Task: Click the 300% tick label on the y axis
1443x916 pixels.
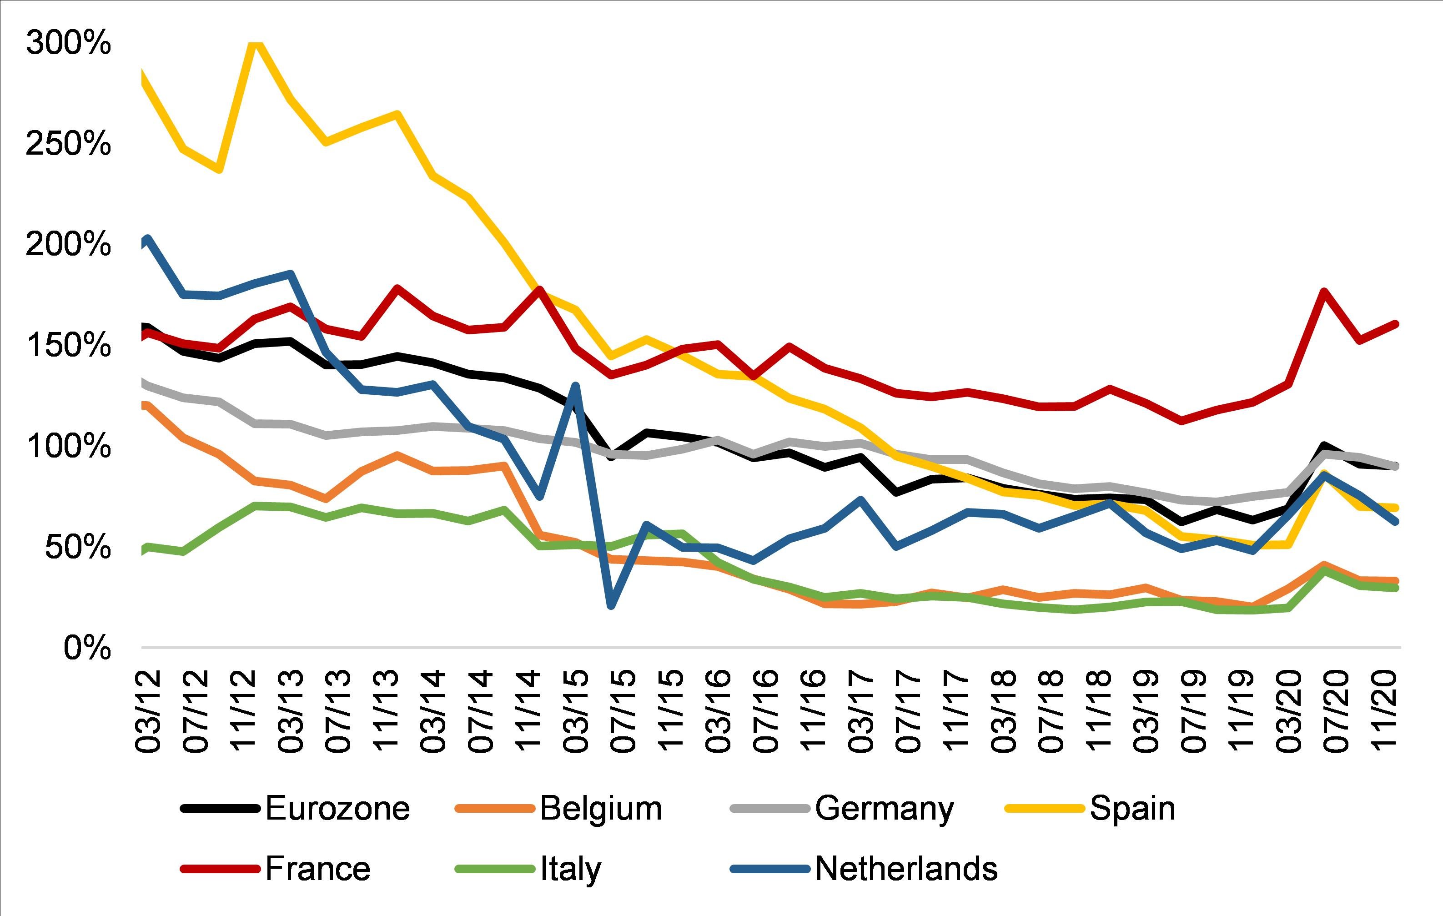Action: click(68, 43)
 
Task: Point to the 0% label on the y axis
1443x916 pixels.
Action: click(87, 648)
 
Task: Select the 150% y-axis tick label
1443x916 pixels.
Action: click(68, 345)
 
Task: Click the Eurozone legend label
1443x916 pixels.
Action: click(337, 808)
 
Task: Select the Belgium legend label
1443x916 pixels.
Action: click(601, 808)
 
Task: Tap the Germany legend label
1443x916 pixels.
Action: click(884, 809)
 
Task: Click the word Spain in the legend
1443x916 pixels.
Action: click(1132, 808)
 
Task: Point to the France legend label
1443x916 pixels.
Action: click(317, 869)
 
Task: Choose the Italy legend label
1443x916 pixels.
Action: click(570, 869)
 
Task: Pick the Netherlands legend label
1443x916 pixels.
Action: click(906, 869)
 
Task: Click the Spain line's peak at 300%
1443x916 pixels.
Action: click(255, 43)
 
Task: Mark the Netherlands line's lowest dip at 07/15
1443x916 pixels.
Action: click(611, 605)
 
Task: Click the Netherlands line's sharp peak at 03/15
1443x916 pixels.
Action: click(575, 386)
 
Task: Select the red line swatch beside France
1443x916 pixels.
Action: click(220, 869)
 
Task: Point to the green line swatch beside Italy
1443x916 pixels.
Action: click(494, 869)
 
